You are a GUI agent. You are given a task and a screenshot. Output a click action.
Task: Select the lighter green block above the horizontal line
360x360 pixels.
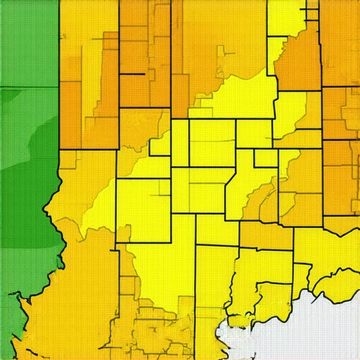coord(28,42)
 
